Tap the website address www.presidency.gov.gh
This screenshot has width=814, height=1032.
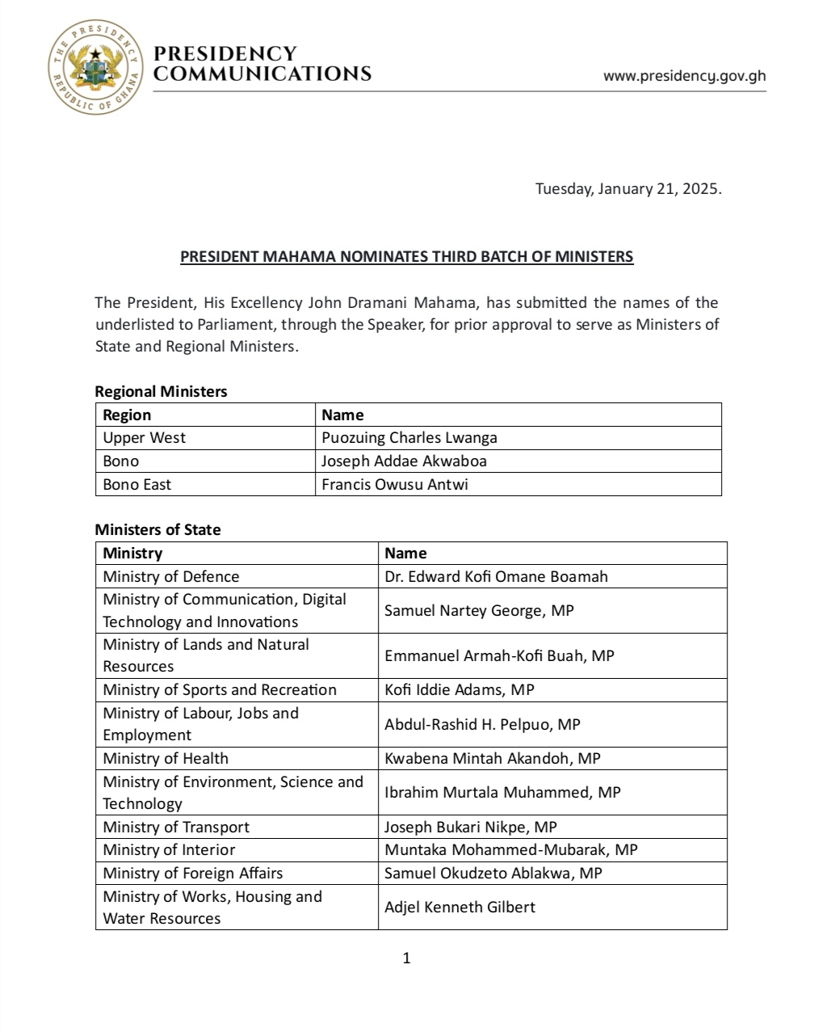click(684, 76)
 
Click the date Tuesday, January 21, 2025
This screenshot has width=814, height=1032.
click(628, 189)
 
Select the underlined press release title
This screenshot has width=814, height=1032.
click(406, 257)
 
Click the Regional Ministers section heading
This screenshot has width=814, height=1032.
click(161, 391)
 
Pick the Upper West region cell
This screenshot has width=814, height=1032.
click(145, 438)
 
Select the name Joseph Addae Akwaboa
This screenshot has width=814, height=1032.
click(404, 461)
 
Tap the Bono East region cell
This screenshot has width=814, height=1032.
click(137, 485)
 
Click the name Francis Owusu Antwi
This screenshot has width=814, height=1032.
click(395, 485)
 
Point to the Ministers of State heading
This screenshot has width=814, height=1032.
click(157, 530)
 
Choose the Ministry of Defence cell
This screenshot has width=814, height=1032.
click(171, 576)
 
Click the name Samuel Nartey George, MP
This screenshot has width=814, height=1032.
click(479, 610)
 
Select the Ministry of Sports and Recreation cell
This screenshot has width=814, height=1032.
click(220, 690)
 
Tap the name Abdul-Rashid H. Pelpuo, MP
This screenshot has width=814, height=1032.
click(482, 724)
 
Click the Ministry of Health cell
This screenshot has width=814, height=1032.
click(166, 759)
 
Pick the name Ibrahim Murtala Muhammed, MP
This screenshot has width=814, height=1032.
click(502, 793)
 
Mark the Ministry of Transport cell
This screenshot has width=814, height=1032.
click(176, 828)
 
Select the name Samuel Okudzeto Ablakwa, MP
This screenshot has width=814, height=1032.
click(493, 874)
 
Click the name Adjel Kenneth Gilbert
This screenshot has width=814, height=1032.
click(459, 908)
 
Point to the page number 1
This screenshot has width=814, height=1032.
click(406, 958)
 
